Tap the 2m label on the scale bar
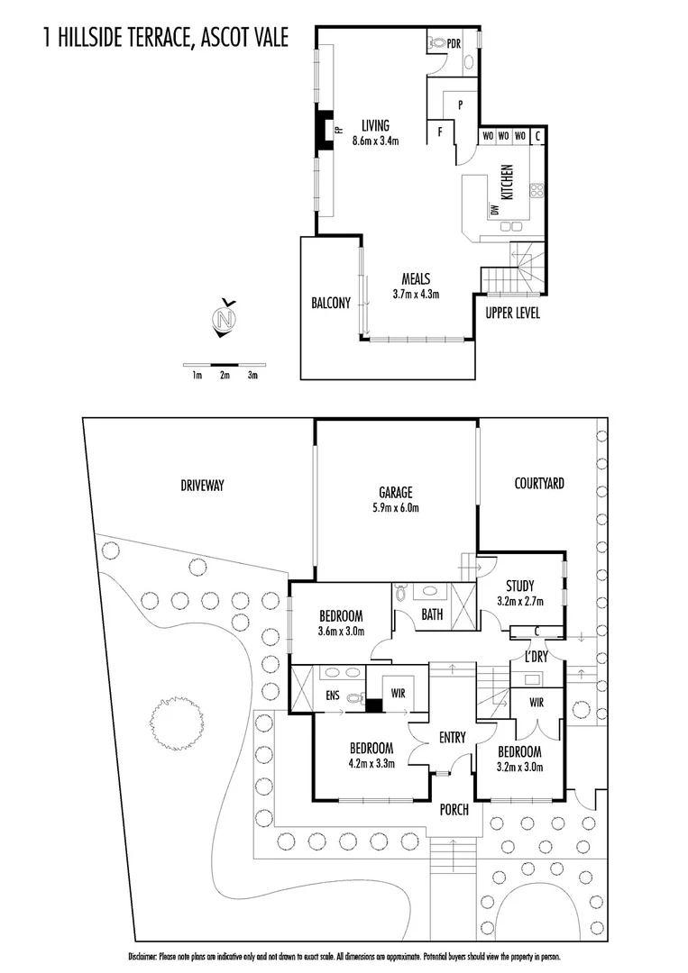225,376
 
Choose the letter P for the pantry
460,105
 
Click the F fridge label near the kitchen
440,132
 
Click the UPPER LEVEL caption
513,314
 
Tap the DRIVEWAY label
201,486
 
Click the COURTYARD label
538,484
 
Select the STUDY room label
519,584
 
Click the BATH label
431,616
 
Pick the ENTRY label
452,738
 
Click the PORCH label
454,810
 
